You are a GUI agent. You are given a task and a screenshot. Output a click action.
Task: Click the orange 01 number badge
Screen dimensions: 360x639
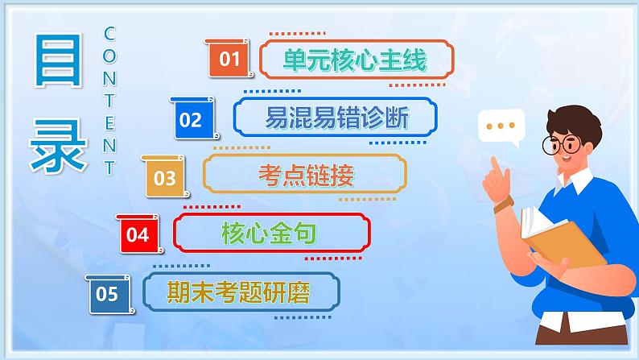[x=229, y=59]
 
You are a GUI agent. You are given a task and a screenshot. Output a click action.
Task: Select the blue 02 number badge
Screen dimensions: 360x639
[x=191, y=120]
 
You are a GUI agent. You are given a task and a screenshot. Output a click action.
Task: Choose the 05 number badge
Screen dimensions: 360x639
[x=107, y=294]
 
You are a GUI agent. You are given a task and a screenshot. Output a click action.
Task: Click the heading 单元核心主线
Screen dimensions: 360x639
[x=353, y=60]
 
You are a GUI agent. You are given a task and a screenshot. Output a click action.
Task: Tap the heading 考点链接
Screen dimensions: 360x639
[x=305, y=176]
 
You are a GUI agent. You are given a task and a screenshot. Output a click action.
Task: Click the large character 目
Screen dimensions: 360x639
[x=56, y=61]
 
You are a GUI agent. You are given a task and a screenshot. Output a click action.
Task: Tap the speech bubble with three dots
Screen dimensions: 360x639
[x=501, y=126]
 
